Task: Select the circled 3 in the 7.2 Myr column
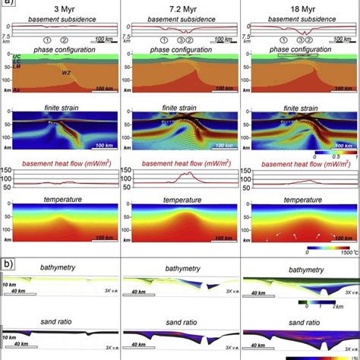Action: click(x=180, y=39)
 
